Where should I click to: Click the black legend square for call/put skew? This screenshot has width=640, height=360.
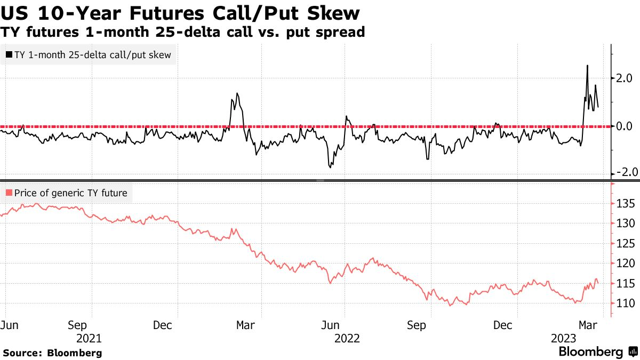[9, 54]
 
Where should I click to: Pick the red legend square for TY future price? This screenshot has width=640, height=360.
[9, 193]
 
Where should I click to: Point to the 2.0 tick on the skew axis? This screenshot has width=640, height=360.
[624, 78]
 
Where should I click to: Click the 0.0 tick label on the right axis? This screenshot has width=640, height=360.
[624, 126]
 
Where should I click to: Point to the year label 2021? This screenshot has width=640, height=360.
[89, 338]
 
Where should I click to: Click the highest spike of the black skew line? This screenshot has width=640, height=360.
[587, 66]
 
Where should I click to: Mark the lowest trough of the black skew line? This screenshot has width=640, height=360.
[330, 167]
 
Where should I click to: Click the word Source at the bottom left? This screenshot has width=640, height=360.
[22, 353]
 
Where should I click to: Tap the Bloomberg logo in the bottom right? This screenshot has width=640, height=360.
[597, 352]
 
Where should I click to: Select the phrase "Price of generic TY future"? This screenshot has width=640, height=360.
[71, 193]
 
